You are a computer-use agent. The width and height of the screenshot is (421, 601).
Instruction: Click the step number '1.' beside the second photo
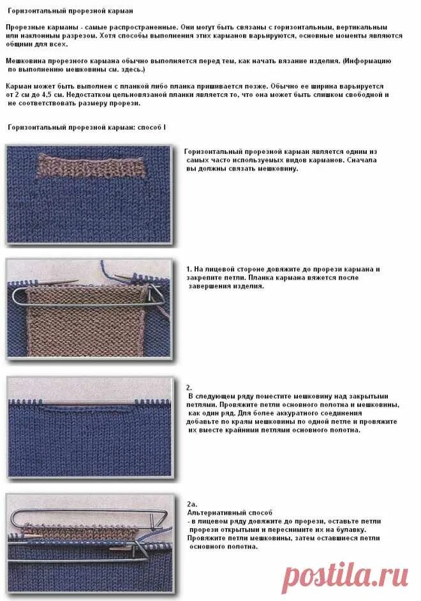pos(189,270)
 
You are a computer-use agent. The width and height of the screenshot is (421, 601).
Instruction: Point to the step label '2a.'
pos(191,504)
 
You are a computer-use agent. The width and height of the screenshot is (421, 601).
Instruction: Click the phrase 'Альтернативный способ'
pos(230,513)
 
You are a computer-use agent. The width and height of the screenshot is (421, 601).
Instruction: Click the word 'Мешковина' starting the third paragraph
pos(27,60)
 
